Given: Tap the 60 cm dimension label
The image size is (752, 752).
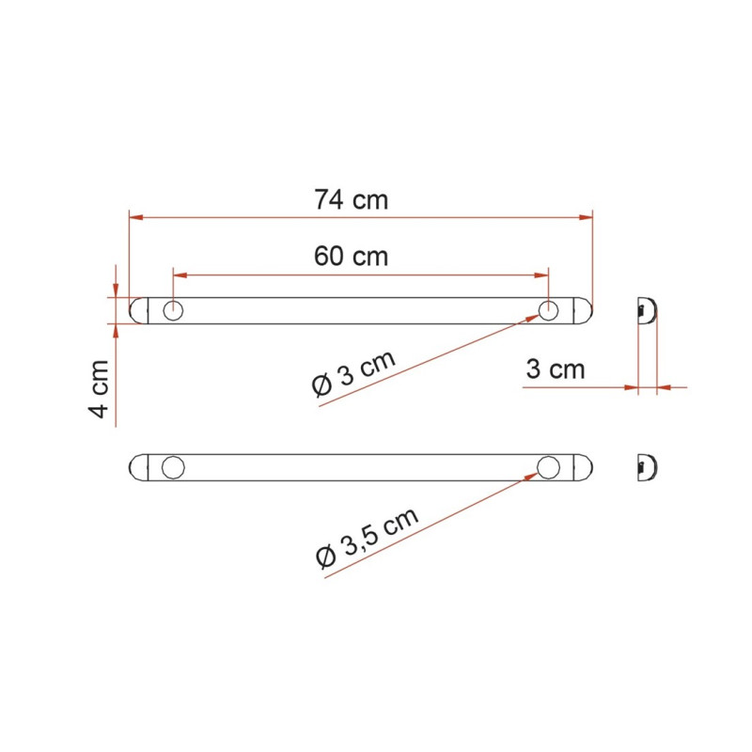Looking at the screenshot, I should (351, 256).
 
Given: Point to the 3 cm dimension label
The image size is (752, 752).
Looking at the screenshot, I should (555, 369).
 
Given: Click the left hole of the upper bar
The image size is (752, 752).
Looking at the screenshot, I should (173, 310).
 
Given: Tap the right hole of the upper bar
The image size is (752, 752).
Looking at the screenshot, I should (549, 310).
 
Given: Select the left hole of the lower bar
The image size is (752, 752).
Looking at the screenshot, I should (173, 466).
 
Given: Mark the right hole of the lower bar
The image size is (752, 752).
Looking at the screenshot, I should (549, 466).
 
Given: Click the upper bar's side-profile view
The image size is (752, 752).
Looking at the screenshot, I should (646, 310).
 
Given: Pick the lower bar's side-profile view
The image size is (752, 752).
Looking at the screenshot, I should (646, 466).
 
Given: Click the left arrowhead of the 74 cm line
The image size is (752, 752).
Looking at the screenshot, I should (134, 217).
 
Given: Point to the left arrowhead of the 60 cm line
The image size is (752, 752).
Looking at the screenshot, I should (179, 274).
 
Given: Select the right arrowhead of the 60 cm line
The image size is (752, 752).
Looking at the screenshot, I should (542, 274).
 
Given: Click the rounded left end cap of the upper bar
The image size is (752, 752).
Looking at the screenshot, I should (137, 310).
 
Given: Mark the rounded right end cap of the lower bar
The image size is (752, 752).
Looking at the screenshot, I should (585, 466).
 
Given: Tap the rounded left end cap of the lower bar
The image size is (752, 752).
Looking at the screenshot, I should (137, 466).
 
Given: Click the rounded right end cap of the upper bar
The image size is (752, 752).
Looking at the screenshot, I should (585, 310).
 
